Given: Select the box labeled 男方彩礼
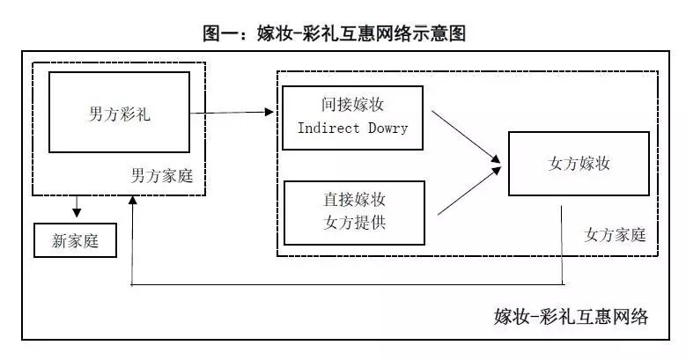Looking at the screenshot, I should point(119,114).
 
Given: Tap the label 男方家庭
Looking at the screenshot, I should point(161,176).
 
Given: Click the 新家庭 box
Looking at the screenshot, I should point(76,240).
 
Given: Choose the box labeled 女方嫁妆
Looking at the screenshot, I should point(579,164).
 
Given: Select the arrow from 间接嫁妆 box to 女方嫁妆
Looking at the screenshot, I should point(467,136).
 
